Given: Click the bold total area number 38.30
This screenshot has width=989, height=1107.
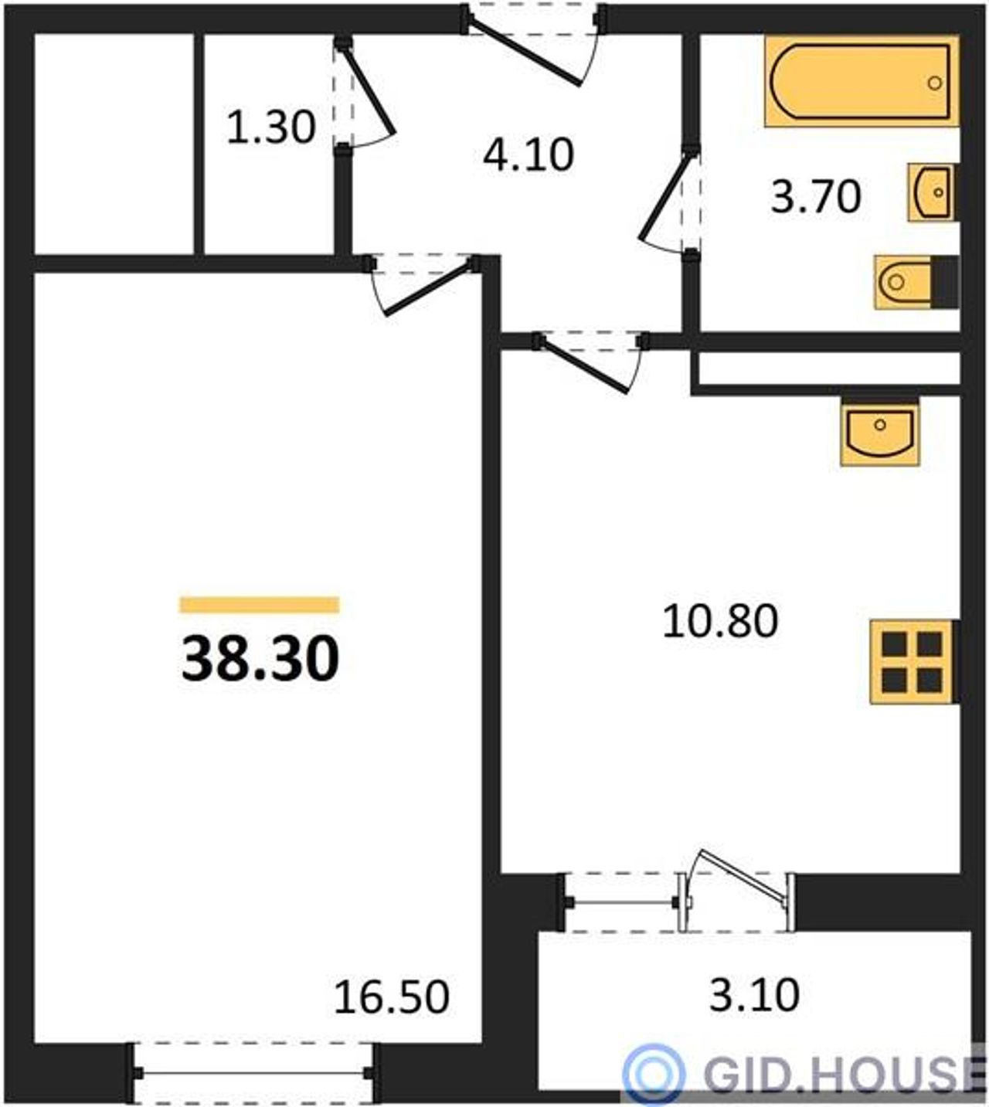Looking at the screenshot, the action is (x=260, y=658).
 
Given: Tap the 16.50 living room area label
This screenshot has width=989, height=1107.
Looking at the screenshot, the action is (x=391, y=997).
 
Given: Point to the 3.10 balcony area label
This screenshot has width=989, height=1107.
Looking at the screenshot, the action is (x=754, y=994).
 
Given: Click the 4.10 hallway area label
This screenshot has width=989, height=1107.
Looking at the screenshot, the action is (x=528, y=155).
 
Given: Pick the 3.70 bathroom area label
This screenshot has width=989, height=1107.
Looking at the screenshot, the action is (x=816, y=197).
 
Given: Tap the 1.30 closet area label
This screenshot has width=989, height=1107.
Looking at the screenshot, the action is (x=271, y=127).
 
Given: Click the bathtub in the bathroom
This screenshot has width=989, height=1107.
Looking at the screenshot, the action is (x=862, y=81).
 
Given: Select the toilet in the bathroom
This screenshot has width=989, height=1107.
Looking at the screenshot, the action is (x=916, y=282).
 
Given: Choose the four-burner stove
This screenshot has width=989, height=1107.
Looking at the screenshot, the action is (x=913, y=662).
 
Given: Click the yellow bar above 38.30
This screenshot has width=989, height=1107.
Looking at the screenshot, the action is (x=260, y=605).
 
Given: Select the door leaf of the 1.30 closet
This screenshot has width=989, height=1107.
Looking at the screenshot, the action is (x=367, y=90).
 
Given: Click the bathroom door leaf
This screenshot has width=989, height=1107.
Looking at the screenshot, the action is (x=665, y=198).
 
